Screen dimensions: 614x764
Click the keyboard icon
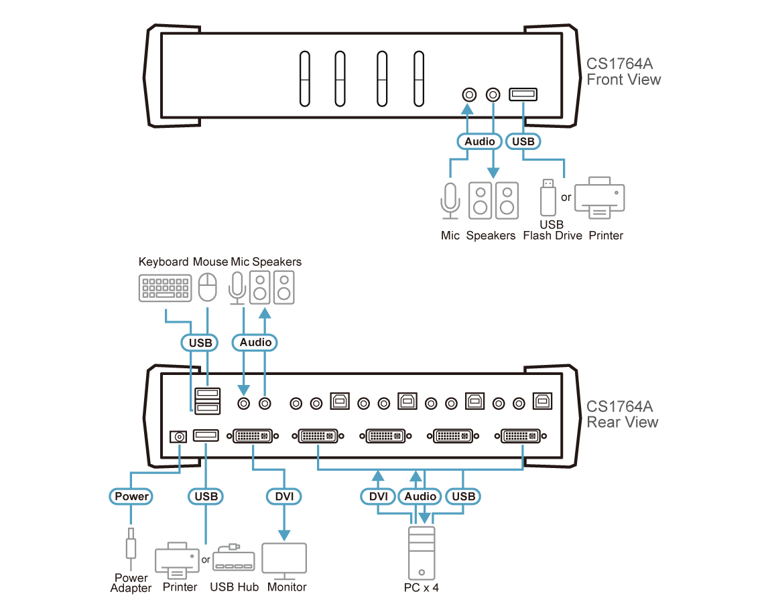pos(164,288)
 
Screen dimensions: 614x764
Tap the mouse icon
pos(208,288)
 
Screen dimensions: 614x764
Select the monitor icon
pos(284,561)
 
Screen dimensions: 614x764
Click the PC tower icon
pos(421,552)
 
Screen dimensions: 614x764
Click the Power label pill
pos(131,497)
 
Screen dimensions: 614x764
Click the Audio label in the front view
pos(480,141)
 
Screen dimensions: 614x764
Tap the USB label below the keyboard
pos(200,343)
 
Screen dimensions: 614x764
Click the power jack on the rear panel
pos(178,437)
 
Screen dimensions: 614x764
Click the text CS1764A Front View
pos(623,72)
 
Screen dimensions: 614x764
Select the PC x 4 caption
pos(421,588)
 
